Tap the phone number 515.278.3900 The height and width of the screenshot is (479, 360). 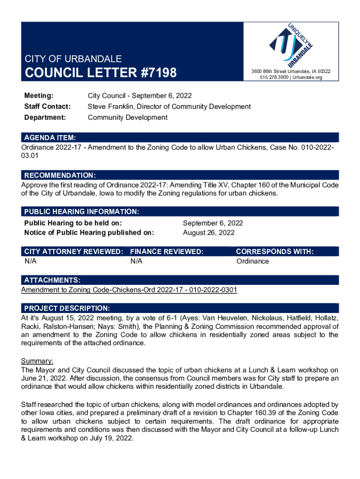[x=274, y=78]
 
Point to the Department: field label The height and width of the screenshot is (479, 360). [x=45, y=117]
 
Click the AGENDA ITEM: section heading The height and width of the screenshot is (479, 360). [x=50, y=138]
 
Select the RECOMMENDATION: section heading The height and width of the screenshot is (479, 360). [x=60, y=175]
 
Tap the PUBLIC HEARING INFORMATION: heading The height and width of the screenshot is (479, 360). [x=81, y=212]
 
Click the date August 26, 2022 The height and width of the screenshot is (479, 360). [x=209, y=232]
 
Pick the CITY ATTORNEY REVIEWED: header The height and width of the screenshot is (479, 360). [x=73, y=252]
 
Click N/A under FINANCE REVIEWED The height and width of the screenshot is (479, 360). [x=137, y=261]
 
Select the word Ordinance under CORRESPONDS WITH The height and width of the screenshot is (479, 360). [x=252, y=261]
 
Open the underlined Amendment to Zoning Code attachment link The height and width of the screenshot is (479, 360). [x=129, y=290]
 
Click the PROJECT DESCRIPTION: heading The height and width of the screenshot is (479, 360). [x=67, y=309]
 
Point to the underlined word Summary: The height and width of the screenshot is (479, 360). [x=37, y=361]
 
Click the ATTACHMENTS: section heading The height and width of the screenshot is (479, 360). [x=52, y=280]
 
